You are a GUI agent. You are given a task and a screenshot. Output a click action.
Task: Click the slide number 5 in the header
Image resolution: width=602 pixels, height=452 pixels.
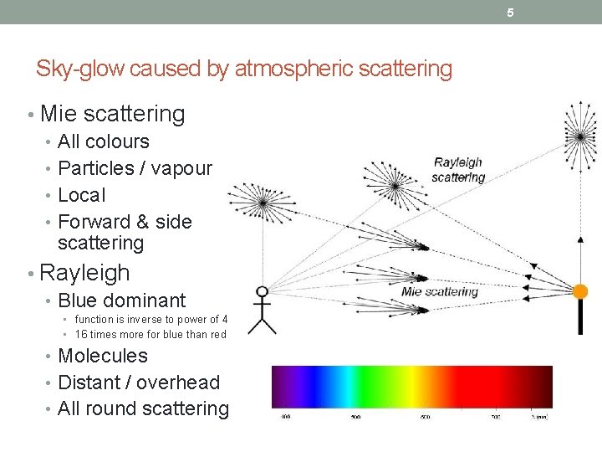(510, 13)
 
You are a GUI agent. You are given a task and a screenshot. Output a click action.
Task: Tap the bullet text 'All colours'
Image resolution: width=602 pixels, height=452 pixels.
(104, 141)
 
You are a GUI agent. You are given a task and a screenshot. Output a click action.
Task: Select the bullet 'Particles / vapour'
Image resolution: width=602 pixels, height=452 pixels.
(135, 168)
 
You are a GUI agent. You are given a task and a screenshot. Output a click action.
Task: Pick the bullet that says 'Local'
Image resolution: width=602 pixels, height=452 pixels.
(82, 195)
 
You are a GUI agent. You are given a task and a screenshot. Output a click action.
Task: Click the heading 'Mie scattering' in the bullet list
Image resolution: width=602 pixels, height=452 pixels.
(112, 113)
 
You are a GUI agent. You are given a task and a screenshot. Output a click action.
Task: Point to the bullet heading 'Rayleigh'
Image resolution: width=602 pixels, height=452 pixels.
(84, 273)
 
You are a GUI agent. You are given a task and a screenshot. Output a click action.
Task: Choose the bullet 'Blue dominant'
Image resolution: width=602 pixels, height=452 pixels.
(122, 300)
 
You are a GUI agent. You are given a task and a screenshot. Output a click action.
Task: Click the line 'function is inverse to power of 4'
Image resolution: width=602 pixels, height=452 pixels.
(151, 320)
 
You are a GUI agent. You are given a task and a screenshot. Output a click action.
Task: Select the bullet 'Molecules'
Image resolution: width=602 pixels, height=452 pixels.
(103, 356)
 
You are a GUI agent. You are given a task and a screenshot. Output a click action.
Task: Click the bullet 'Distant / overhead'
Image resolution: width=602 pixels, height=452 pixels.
(139, 383)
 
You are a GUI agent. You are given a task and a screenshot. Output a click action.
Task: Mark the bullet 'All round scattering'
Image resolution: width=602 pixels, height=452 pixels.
(143, 408)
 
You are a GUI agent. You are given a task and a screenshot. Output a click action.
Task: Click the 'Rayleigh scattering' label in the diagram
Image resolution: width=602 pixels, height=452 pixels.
(458, 169)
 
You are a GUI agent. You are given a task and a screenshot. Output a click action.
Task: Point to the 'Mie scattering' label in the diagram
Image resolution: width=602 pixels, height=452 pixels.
(440, 291)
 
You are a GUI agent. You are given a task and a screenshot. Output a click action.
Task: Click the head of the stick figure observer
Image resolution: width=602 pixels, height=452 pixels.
(263, 292)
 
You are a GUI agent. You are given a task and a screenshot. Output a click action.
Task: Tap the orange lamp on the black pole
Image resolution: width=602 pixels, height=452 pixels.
(579, 291)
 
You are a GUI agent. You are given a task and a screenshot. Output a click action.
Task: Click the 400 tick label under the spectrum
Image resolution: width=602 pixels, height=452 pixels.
(286, 416)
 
